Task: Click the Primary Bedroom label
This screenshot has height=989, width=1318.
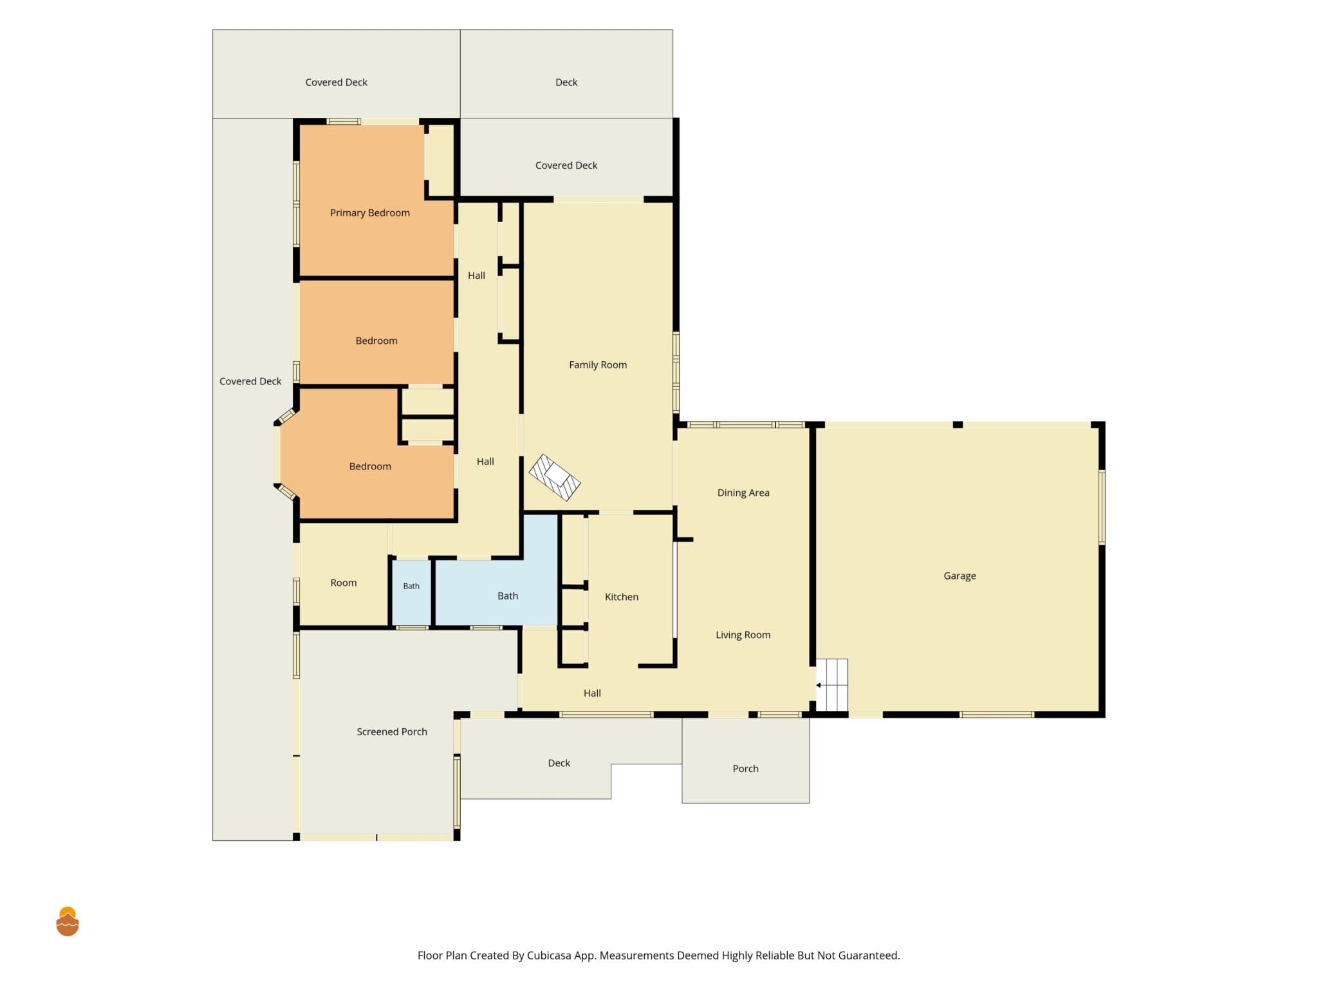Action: (369, 213)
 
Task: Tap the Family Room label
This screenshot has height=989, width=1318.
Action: (598, 365)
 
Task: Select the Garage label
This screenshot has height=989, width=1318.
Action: (960, 576)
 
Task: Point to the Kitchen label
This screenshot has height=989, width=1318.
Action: (622, 597)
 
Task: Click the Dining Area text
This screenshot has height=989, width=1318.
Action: (743, 493)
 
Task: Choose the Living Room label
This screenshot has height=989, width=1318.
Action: (743, 635)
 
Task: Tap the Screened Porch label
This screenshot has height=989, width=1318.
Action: (392, 731)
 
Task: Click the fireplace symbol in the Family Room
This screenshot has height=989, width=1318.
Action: (555, 477)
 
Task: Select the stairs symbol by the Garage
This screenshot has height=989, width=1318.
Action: (831, 684)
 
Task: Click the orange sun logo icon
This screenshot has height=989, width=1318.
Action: (68, 921)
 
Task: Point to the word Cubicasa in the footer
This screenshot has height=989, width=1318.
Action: (549, 956)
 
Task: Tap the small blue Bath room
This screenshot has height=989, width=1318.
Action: (411, 592)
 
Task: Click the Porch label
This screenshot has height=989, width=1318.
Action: (745, 769)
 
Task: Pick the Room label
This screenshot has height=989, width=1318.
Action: (343, 583)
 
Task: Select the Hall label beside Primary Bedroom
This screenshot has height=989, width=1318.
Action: (476, 276)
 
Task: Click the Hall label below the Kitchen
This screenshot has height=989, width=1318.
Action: (592, 693)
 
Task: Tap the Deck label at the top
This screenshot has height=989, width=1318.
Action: (566, 82)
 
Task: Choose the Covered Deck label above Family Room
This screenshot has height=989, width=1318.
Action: (566, 165)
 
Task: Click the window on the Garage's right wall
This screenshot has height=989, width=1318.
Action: (1102, 507)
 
